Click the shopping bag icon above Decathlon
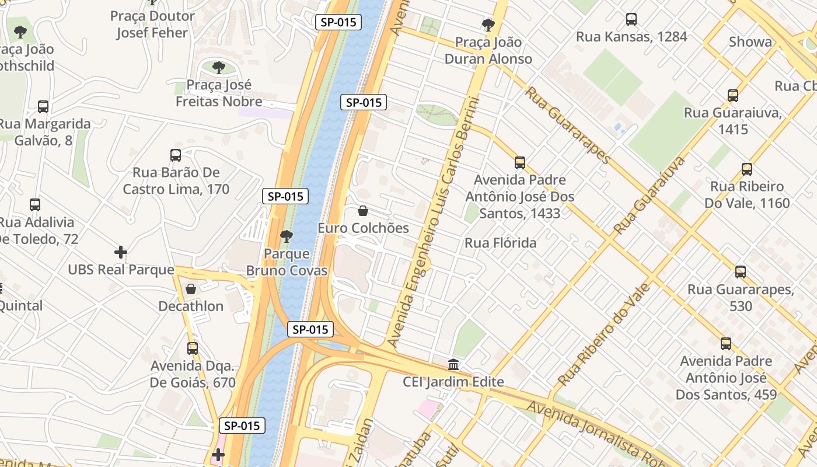(x=191, y=289)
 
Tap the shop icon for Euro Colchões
(x=363, y=211)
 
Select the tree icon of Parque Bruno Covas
(x=286, y=236)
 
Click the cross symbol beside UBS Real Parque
(x=121, y=252)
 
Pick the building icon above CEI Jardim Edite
(x=453, y=365)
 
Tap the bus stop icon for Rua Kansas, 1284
(x=631, y=19)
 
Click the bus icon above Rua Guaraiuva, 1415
(x=733, y=95)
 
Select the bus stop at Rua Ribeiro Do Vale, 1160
(x=747, y=169)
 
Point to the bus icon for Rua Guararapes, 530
(x=741, y=272)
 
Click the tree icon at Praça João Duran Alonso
(x=488, y=25)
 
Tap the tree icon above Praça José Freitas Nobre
(x=219, y=68)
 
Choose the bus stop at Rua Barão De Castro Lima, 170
(x=176, y=155)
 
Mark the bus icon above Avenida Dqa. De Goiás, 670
(x=193, y=348)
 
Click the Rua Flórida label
(x=500, y=243)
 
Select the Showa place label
(x=750, y=42)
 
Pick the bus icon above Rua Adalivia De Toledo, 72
(x=35, y=205)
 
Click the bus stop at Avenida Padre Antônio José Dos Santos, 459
(x=726, y=344)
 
